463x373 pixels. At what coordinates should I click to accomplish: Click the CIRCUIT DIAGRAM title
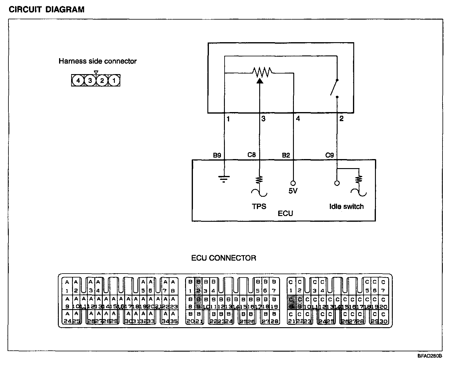coord(46,10)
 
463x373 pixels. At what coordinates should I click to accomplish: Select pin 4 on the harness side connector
coord(78,80)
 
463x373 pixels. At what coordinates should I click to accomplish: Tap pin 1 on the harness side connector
coord(114,80)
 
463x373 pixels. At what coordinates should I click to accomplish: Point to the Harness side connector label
coord(97,61)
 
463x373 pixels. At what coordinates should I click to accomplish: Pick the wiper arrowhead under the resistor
coord(259,80)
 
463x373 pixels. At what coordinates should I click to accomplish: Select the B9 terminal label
coord(217,155)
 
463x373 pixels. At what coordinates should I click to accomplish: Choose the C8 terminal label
coord(251,155)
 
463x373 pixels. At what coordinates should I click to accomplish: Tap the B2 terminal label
coord(286,155)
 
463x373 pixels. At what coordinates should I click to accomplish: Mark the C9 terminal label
coord(329,155)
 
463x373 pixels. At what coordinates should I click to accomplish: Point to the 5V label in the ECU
coord(293,191)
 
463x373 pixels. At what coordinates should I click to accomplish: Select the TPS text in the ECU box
coord(259,206)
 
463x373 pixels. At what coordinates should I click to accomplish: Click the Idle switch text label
coord(346,206)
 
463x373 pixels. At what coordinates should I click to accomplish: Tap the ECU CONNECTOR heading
coord(224,258)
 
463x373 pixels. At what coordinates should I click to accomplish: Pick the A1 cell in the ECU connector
coord(67,286)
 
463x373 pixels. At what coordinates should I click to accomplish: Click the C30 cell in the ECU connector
coord(383,318)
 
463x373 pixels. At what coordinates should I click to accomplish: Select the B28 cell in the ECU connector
coord(274,318)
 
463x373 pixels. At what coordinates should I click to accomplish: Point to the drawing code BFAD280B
coord(430,356)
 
